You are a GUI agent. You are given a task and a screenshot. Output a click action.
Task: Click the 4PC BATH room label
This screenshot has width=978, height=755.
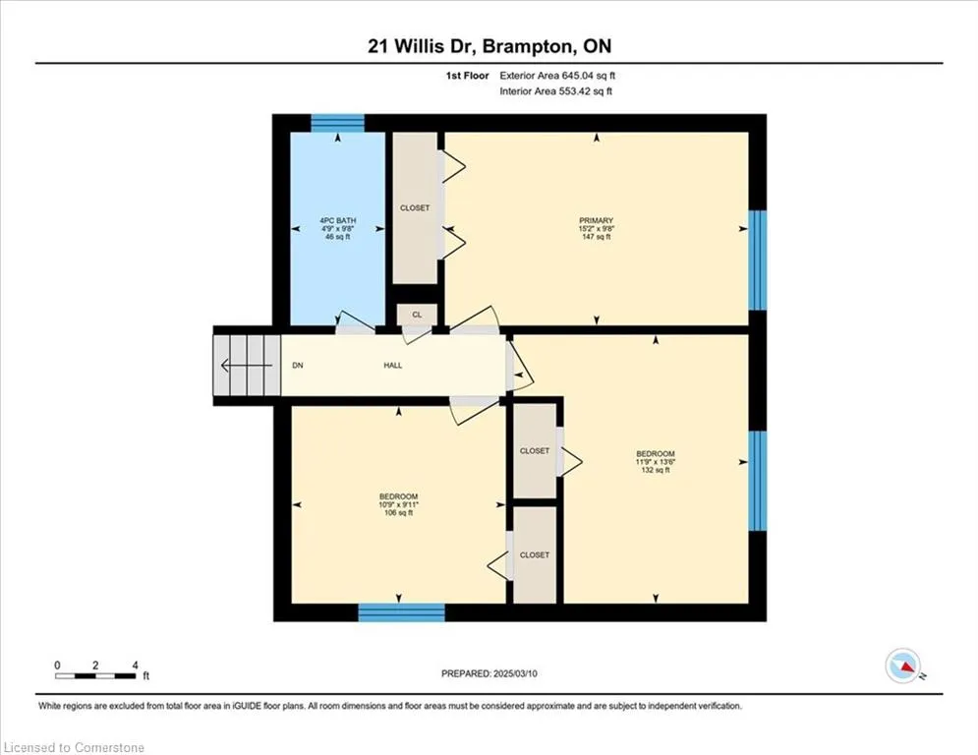[x=337, y=220]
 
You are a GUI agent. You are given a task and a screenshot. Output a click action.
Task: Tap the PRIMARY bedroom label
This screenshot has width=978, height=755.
[x=597, y=220]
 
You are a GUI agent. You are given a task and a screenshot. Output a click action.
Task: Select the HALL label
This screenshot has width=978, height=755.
[x=393, y=366]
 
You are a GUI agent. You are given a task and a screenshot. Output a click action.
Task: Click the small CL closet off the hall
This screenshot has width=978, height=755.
[x=418, y=316]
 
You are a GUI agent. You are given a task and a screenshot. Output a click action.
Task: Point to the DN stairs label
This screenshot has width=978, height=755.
[x=298, y=366]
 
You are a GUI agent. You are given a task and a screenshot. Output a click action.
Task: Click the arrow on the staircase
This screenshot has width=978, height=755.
[x=247, y=365]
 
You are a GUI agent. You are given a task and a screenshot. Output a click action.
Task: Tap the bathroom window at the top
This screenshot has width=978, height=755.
[x=337, y=123]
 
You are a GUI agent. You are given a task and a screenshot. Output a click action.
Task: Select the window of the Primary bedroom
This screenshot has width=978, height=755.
[x=757, y=260]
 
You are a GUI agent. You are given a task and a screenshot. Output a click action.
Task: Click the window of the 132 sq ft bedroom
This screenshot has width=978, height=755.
[x=757, y=481]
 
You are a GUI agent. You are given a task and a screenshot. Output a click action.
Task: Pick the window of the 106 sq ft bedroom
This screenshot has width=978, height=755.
[x=402, y=612]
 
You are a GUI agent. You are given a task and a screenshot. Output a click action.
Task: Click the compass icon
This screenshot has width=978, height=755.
[x=902, y=667]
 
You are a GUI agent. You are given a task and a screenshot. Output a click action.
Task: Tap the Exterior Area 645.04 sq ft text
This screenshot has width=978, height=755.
[x=557, y=76]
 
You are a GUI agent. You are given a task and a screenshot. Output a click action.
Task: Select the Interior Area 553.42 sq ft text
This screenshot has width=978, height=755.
[x=555, y=91]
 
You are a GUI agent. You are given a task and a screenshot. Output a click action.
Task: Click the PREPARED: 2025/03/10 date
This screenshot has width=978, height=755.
[x=489, y=673]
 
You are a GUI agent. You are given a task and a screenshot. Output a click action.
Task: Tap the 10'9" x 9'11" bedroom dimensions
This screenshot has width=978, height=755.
[x=398, y=504]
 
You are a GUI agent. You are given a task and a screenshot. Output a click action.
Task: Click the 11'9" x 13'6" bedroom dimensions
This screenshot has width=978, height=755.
[x=656, y=462]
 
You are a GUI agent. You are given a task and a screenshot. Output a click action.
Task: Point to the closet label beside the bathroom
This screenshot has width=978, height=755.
[x=415, y=207]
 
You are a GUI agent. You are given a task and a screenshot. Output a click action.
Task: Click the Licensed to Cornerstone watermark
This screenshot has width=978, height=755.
[x=75, y=747]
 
